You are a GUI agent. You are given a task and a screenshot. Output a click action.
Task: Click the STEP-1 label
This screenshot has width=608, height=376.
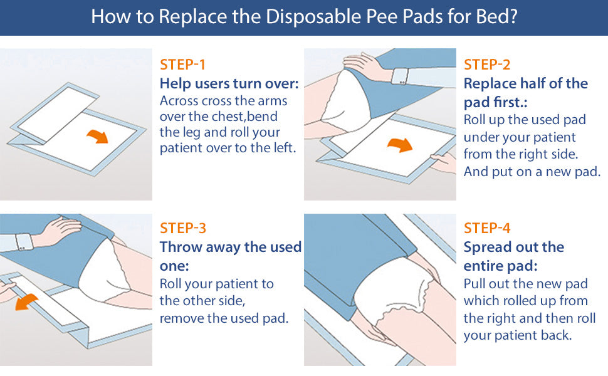tap(182, 65)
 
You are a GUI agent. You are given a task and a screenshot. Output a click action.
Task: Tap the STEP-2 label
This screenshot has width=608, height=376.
tap(486, 65)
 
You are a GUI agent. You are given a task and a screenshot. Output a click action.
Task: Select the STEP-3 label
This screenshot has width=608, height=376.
tap(182, 228)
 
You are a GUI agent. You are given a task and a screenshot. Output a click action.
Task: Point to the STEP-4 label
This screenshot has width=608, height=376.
tap(487, 228)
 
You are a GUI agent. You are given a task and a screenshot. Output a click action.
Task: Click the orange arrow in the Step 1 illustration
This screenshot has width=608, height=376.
tap(98, 136)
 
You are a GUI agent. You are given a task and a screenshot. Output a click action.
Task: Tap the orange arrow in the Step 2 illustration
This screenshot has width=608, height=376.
tap(401, 145)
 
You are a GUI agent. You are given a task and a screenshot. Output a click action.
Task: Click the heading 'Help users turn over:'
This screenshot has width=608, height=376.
tap(229, 83)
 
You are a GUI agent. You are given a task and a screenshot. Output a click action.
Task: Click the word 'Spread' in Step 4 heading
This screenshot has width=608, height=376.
tap(488, 247)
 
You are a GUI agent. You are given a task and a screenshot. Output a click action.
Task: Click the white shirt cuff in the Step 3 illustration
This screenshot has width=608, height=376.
tap(24, 242)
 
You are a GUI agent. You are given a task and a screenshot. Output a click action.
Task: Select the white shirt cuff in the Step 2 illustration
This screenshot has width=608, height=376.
tap(401, 76)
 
